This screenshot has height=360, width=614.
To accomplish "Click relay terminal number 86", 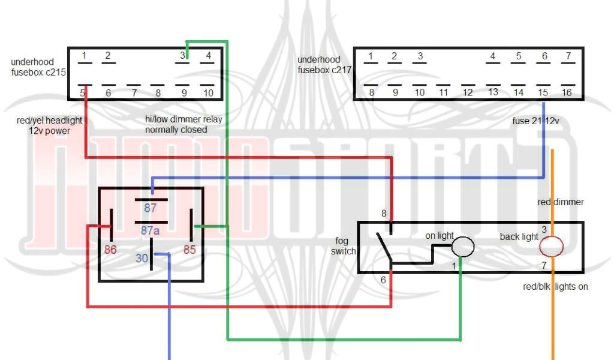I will pyautogui.click(x=110, y=250).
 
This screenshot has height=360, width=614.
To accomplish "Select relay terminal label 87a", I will pyautogui.click(x=151, y=230).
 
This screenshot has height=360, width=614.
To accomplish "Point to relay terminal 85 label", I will pyautogui.click(x=189, y=250).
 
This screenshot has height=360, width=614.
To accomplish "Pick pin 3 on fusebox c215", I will pyautogui.click(x=183, y=56).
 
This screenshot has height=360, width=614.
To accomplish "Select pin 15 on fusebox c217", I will pyautogui.click(x=543, y=92).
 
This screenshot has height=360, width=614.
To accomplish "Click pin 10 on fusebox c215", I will pyautogui.click(x=208, y=93).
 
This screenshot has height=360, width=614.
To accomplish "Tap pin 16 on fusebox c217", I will pyautogui.click(x=567, y=92).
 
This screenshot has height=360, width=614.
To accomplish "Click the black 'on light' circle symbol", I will pyautogui.click(x=463, y=247).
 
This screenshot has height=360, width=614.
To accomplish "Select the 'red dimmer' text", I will pyautogui.click(x=560, y=202).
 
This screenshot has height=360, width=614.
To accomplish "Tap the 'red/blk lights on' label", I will pyautogui.click(x=555, y=287).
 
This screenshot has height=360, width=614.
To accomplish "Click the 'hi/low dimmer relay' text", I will pyautogui.click(x=183, y=119).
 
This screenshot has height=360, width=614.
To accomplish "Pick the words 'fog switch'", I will pyautogui.click(x=344, y=246).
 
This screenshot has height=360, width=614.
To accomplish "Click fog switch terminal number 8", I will pyautogui.click(x=384, y=214).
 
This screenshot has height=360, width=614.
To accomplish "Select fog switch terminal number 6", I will pyautogui.click(x=383, y=280).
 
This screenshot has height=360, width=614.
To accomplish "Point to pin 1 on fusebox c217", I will pyautogui.click(x=371, y=56).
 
